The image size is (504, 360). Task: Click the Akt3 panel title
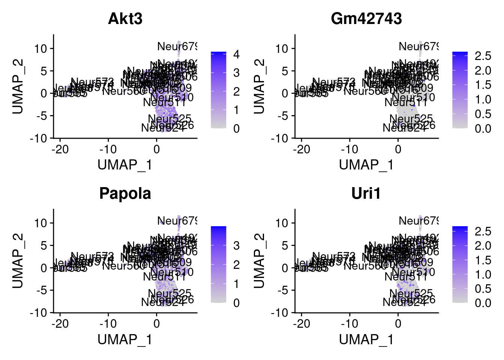[x=125, y=19]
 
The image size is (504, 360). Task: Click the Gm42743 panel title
[x=366, y=19]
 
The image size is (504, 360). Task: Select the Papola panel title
[x=125, y=193]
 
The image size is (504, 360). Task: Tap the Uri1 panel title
[x=366, y=193]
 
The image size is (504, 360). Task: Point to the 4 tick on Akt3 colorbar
[x=236, y=54]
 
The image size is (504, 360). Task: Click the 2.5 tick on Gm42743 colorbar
[x=483, y=56]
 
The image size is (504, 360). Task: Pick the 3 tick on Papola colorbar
[x=236, y=246]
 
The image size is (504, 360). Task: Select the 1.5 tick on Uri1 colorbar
[x=483, y=260]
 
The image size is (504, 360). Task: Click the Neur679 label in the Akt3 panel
[x=177, y=46]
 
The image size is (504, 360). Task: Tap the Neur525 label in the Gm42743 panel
[x=411, y=119]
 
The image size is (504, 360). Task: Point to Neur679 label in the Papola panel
[x=177, y=221]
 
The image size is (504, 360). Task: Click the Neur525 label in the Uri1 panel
[x=411, y=293]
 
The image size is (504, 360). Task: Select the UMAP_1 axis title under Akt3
[x=125, y=165]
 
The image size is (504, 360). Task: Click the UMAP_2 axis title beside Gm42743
[x=259, y=86]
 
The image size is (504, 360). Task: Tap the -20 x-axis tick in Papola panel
[x=60, y=324]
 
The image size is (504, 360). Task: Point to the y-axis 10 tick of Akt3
[x=41, y=49]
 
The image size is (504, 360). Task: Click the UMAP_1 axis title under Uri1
[x=366, y=339]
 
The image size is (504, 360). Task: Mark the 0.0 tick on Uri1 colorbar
[x=483, y=303]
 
